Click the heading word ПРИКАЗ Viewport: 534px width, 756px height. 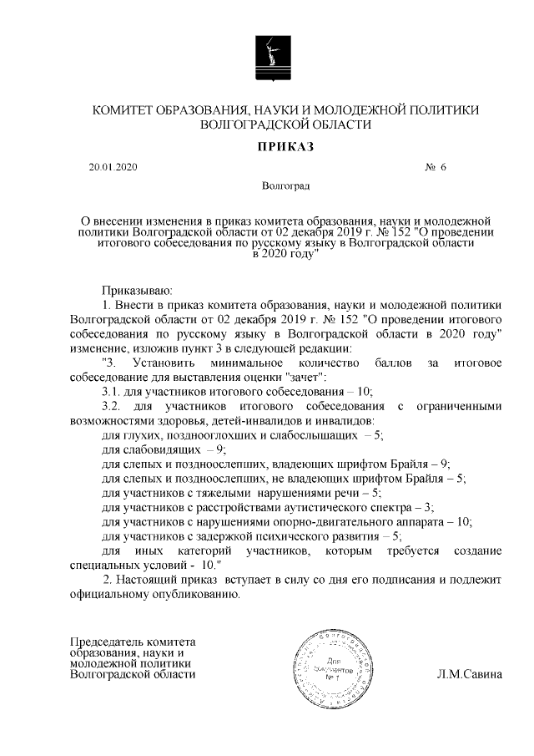268,147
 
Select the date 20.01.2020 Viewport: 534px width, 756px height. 113,167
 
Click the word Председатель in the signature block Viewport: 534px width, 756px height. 108,641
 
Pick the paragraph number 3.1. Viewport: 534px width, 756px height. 111,390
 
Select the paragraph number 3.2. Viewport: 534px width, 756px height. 111,406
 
